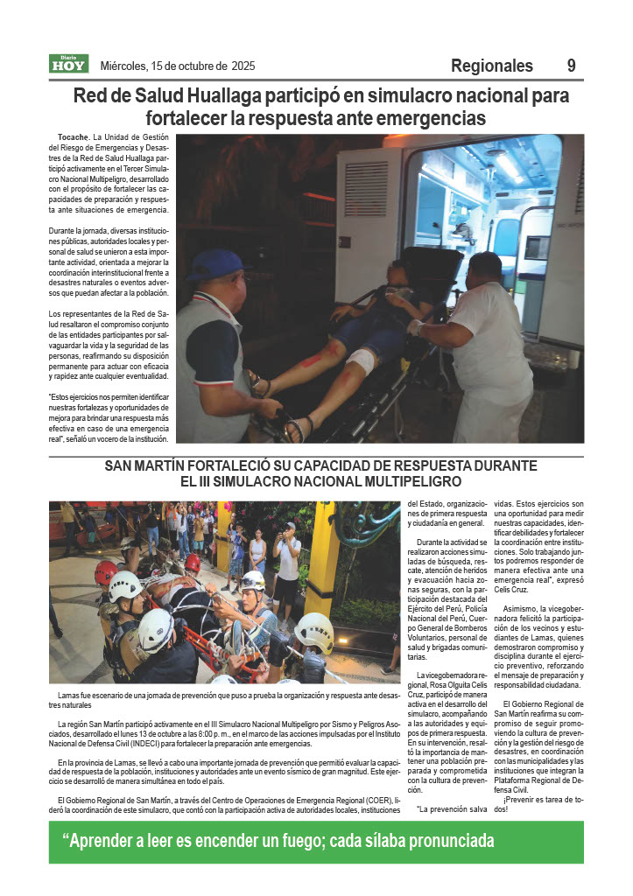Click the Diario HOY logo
(68, 64)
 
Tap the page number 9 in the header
(571, 66)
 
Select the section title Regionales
(491, 66)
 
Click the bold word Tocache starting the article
(73, 137)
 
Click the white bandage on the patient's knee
(361, 360)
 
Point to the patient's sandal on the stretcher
(295, 427)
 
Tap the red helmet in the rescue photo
(106, 572)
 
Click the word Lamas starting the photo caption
(69, 696)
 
